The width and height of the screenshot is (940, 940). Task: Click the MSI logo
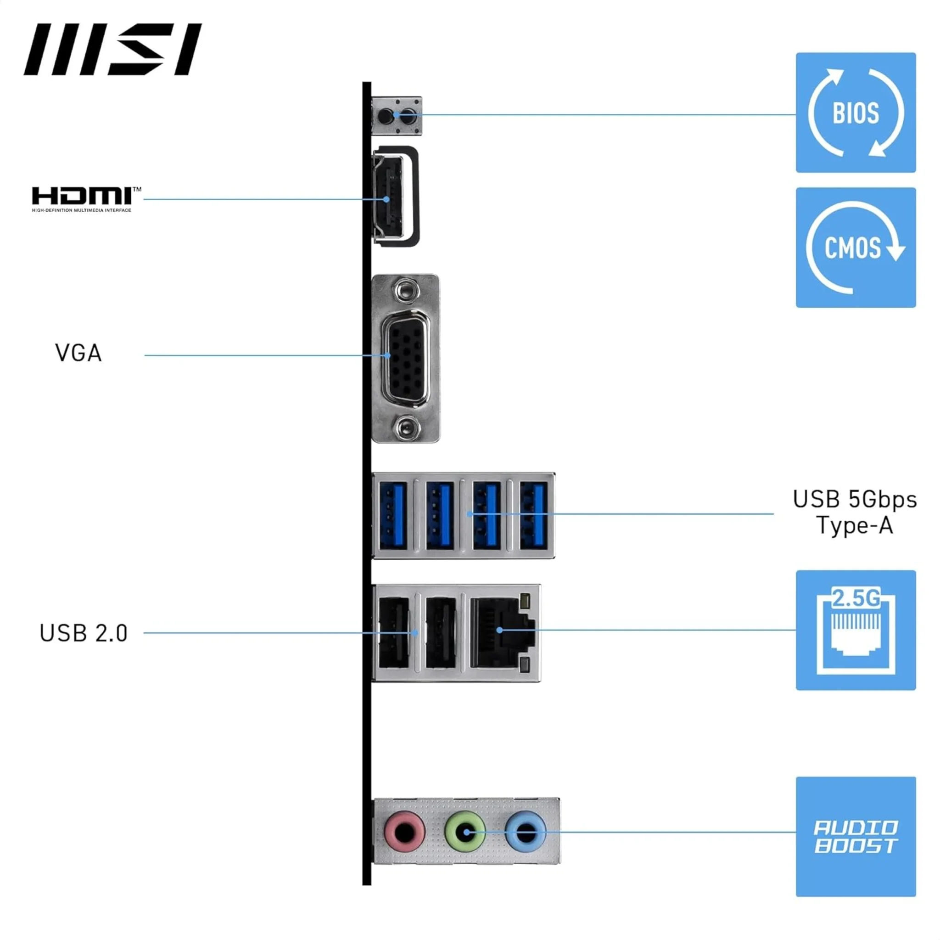click(x=112, y=49)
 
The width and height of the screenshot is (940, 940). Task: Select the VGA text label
click(x=78, y=354)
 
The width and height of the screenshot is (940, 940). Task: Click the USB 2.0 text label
click(x=83, y=633)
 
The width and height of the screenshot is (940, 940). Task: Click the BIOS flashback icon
click(x=856, y=113)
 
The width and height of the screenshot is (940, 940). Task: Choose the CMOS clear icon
click(x=856, y=248)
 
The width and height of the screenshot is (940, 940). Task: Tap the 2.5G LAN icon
click(x=856, y=630)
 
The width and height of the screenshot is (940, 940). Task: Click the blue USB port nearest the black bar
click(x=392, y=515)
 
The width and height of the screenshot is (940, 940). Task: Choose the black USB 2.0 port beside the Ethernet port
click(x=440, y=633)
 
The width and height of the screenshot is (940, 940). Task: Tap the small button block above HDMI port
click(x=397, y=116)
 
